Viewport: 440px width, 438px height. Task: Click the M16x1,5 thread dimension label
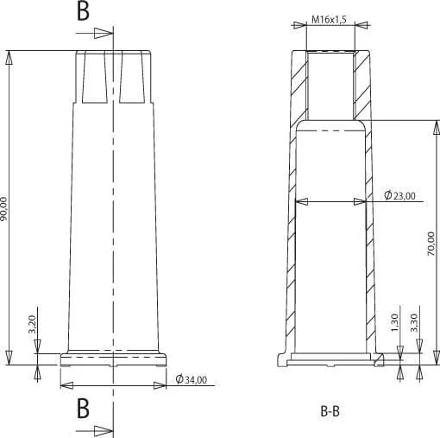[x=329, y=20]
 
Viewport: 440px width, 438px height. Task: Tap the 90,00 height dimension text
[x=3, y=209]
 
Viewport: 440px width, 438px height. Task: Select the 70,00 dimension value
[x=431, y=244]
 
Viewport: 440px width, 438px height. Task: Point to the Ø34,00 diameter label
[x=192, y=379]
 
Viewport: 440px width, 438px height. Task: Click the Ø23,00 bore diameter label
[x=400, y=195]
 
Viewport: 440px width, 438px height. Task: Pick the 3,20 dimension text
[x=32, y=324]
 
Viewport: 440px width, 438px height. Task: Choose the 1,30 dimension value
[x=395, y=322]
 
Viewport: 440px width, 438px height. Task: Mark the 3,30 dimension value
[x=414, y=322]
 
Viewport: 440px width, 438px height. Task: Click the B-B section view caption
[x=330, y=411]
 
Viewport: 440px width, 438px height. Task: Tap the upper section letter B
[x=83, y=11]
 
